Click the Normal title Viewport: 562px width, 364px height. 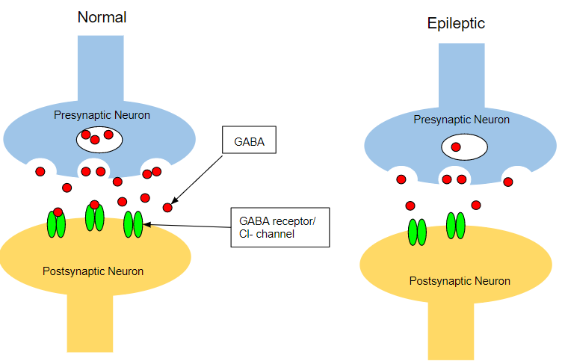[x=102, y=16]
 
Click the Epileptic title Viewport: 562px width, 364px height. [x=456, y=23]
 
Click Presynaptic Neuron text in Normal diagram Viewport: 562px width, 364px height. [x=102, y=115]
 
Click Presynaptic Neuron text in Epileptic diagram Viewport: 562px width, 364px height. [x=461, y=120]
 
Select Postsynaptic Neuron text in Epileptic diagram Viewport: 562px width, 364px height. [x=460, y=281]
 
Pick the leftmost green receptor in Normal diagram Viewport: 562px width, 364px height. [x=56, y=223]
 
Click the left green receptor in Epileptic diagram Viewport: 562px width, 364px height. [x=417, y=232]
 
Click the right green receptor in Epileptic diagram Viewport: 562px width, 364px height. [x=456, y=225]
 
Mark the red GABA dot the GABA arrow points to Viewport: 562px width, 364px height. [x=167, y=207]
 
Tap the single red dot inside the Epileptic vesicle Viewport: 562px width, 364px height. [x=455, y=146]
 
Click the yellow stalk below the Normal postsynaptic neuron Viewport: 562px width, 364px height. [x=90, y=322]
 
